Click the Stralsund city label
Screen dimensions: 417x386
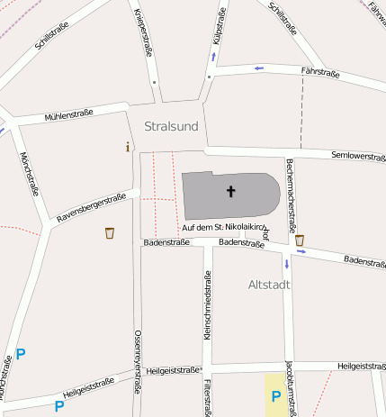pos(171,126)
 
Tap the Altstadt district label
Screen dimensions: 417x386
pos(269,285)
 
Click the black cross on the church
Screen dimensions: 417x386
pos(231,191)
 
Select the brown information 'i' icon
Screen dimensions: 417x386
pos(128,147)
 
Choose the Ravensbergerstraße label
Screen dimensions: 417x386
pos(90,208)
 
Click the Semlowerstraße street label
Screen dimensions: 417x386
pos(357,156)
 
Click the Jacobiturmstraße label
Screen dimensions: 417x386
pos(290,388)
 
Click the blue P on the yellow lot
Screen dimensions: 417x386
pos(277,395)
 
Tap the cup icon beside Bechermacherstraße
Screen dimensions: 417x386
pos(300,240)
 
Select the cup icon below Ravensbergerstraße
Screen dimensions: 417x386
pos(110,233)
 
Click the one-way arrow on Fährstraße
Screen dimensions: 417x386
pos(258,68)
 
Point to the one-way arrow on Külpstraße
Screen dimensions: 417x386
pos(213,57)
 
